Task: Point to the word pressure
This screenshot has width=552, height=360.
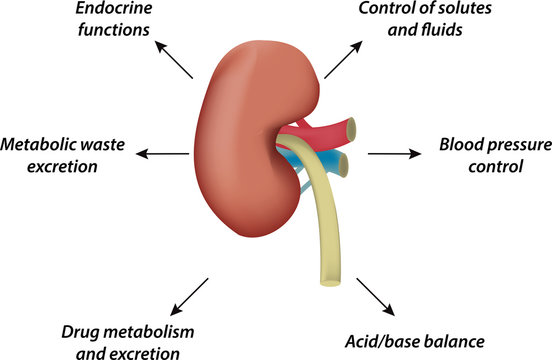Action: pyautogui.click(x=517, y=145)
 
